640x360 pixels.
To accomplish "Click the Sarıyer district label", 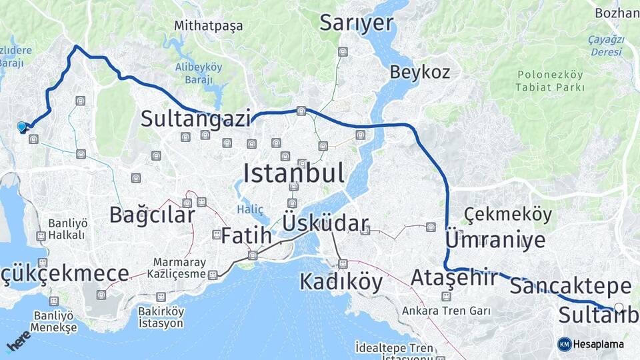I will coord(356,22).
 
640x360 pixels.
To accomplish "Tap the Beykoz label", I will coord(420,72).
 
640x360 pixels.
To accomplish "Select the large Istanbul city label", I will coord(294,173).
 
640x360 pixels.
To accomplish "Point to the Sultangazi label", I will coord(195,119).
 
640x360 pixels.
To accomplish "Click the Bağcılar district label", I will coord(152,215).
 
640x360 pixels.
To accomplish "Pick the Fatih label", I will coord(246,235).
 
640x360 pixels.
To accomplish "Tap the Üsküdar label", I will coord(325,223).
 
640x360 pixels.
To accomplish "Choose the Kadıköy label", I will coord(341,281).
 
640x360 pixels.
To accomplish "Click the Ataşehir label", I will coord(454,277).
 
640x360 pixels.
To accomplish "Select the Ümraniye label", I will coord(495,240).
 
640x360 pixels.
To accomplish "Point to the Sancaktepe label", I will coord(570,286).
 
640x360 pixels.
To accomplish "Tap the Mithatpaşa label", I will coord(208,26).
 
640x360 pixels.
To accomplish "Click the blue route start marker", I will coord(22,127).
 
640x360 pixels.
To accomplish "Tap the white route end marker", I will coord(619,308).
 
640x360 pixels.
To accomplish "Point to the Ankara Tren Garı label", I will coord(446,311).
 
